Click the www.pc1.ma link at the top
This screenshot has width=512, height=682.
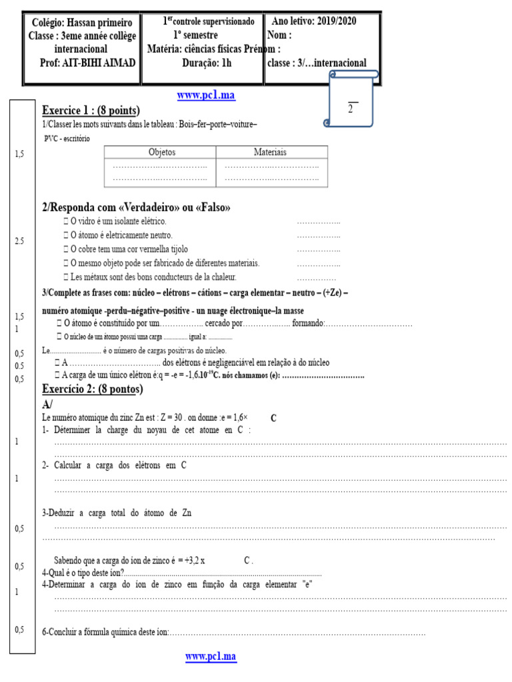tap(206, 96)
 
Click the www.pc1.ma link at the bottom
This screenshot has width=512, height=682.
tap(211, 657)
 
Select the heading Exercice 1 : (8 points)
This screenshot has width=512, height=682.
tap(91, 111)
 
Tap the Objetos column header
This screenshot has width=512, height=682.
tap(160, 153)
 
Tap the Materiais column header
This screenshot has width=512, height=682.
tap(271, 153)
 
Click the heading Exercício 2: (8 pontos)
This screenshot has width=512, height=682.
tap(93, 389)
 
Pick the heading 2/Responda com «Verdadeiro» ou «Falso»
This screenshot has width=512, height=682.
tap(136, 208)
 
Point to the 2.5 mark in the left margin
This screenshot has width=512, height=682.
tap(19, 241)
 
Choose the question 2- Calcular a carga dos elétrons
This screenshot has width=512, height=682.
tap(114, 466)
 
